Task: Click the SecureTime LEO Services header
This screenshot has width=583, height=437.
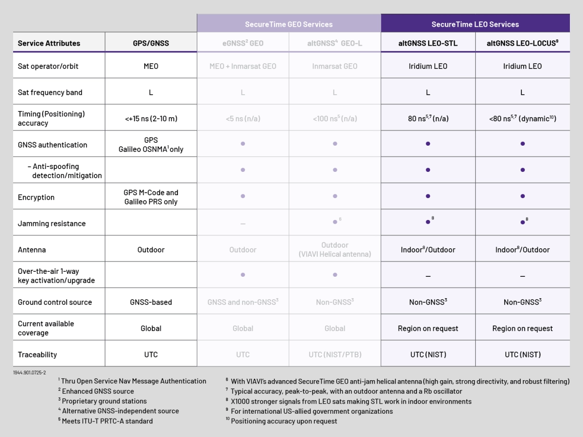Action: click(475, 24)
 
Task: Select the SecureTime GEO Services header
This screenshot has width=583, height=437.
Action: click(289, 24)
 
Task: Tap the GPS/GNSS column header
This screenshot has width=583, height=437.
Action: click(151, 43)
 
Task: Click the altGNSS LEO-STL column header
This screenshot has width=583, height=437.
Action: click(428, 43)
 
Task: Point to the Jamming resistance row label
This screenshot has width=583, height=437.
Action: click(51, 223)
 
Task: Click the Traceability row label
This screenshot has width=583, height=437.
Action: click(37, 354)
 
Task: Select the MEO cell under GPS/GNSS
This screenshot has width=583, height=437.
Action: click(151, 66)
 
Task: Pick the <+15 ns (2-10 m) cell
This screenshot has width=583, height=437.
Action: click(151, 118)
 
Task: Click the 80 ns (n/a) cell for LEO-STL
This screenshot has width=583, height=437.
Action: click(428, 118)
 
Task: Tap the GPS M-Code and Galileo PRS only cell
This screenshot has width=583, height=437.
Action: click(151, 197)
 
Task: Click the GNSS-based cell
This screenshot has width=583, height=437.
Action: click(151, 302)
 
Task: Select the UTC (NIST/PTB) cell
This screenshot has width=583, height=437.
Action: click(335, 354)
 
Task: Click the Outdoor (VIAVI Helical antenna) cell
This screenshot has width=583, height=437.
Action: click(335, 250)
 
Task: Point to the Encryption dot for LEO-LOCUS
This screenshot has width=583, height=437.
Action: click(522, 196)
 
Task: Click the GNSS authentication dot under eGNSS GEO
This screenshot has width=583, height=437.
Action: click(242, 144)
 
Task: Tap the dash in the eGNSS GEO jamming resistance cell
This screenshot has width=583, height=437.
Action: click(242, 224)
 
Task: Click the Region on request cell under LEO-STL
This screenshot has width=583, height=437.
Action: click(428, 328)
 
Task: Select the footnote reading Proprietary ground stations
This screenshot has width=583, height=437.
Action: click(104, 401)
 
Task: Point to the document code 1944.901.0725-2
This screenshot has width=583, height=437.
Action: click(30, 372)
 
